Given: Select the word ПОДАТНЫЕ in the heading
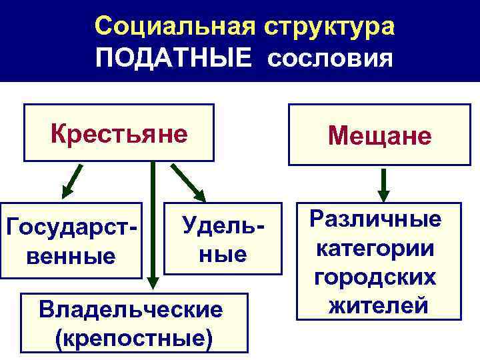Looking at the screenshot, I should click(174, 59).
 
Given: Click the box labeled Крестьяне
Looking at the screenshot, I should click(119, 133).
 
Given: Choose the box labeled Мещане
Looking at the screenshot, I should click(379, 135).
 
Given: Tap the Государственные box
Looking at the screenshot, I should click(71, 241).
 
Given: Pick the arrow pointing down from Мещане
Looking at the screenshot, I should click(383, 183).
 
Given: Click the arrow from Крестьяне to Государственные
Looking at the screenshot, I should click(71, 182).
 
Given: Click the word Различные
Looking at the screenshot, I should click(379, 219).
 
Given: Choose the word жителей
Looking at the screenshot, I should click(379, 306).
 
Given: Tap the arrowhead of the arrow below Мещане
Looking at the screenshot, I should click(383, 195).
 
